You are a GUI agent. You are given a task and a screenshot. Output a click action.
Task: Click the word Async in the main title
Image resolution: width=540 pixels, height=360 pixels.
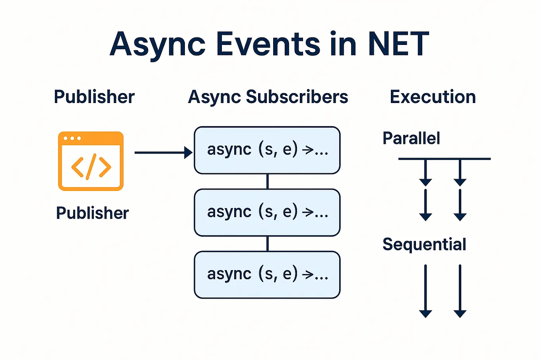pos(157,44)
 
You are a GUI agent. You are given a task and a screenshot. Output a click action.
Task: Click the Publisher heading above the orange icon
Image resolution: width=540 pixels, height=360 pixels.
pos(94,97)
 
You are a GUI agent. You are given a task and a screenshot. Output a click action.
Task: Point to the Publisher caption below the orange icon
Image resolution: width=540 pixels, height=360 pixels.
pos(92,213)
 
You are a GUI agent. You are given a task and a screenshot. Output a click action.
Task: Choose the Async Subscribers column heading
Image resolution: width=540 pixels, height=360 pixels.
pos(268,97)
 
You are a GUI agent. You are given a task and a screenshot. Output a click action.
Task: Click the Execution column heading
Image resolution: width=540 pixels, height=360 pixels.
pos(433,97)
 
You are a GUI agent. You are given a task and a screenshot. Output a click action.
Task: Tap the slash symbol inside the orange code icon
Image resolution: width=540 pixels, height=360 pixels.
pos(91,167)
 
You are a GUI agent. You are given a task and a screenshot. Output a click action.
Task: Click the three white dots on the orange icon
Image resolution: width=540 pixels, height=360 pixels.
pos(72,138)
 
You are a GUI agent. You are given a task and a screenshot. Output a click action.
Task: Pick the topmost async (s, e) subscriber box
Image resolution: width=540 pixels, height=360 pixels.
pos(267,150)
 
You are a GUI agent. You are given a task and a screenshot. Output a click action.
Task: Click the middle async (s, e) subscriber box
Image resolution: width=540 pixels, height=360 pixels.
pos(267,212)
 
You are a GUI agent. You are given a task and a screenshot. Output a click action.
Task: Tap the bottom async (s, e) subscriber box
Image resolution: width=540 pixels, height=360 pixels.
pos(267,274)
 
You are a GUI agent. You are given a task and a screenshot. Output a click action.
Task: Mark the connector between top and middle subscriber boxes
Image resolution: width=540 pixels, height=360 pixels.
pos(267,181)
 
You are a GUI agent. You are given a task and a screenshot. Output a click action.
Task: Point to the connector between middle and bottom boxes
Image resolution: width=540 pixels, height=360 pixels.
pos(267,243)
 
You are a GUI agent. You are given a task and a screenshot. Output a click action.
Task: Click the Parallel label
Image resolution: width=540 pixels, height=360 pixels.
pos(411,138)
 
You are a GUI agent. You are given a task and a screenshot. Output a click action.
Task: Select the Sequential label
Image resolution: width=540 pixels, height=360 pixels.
pos(424,244)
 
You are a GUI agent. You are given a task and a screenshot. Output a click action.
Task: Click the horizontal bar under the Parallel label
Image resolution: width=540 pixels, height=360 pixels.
pos(444,159)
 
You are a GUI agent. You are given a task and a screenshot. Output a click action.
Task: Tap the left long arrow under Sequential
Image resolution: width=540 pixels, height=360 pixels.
pos(425,290)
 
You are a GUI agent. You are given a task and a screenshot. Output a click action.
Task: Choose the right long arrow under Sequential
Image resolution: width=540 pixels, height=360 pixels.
pos(460,290)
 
